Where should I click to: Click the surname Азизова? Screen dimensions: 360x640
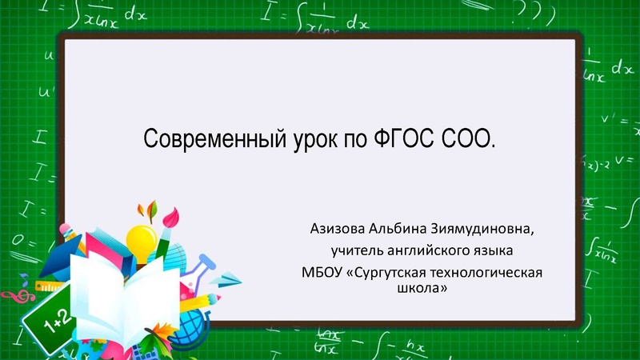click(338, 230)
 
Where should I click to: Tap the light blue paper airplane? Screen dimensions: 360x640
click(230, 280)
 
